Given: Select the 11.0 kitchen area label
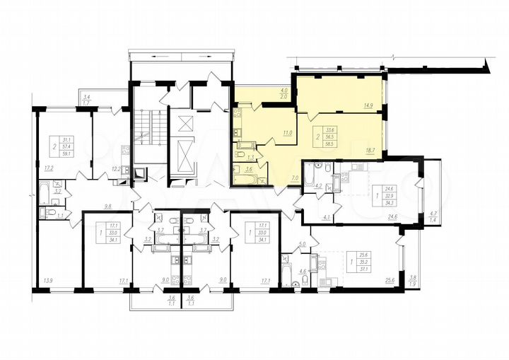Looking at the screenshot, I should [x=288, y=132].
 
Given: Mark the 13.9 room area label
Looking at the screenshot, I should [x=48, y=281].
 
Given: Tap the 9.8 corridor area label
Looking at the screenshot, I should [x=108, y=207].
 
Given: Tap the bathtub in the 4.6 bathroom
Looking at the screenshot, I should [x=286, y=273].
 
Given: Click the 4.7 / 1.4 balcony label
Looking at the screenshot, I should [x=434, y=216].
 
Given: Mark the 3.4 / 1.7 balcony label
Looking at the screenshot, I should [x=87, y=100].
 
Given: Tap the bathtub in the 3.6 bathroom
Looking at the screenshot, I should [x=247, y=178].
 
